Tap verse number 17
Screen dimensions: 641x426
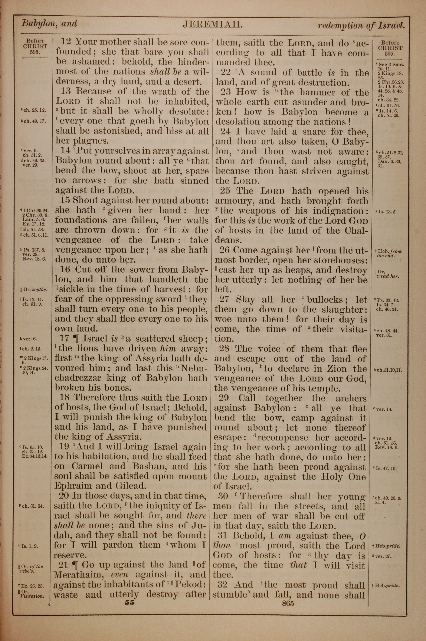(64, 339)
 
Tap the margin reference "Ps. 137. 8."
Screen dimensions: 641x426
(34, 250)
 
